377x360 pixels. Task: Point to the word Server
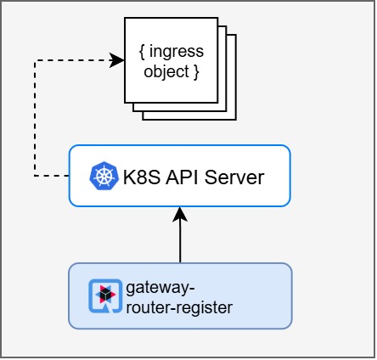coord(237,177)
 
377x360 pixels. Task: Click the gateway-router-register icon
coord(104,295)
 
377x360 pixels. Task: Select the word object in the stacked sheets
coord(165,71)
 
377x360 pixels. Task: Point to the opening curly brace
coord(142,52)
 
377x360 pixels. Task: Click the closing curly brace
coord(196,71)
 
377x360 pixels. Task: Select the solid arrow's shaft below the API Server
coord(180,242)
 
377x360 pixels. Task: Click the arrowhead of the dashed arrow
coord(118,59)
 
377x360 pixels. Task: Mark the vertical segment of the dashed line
coord(35,119)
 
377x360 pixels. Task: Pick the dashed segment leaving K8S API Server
coord(52,177)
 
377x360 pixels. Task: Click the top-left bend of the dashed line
coord(35,59)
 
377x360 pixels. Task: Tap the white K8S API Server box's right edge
coord(290,177)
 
